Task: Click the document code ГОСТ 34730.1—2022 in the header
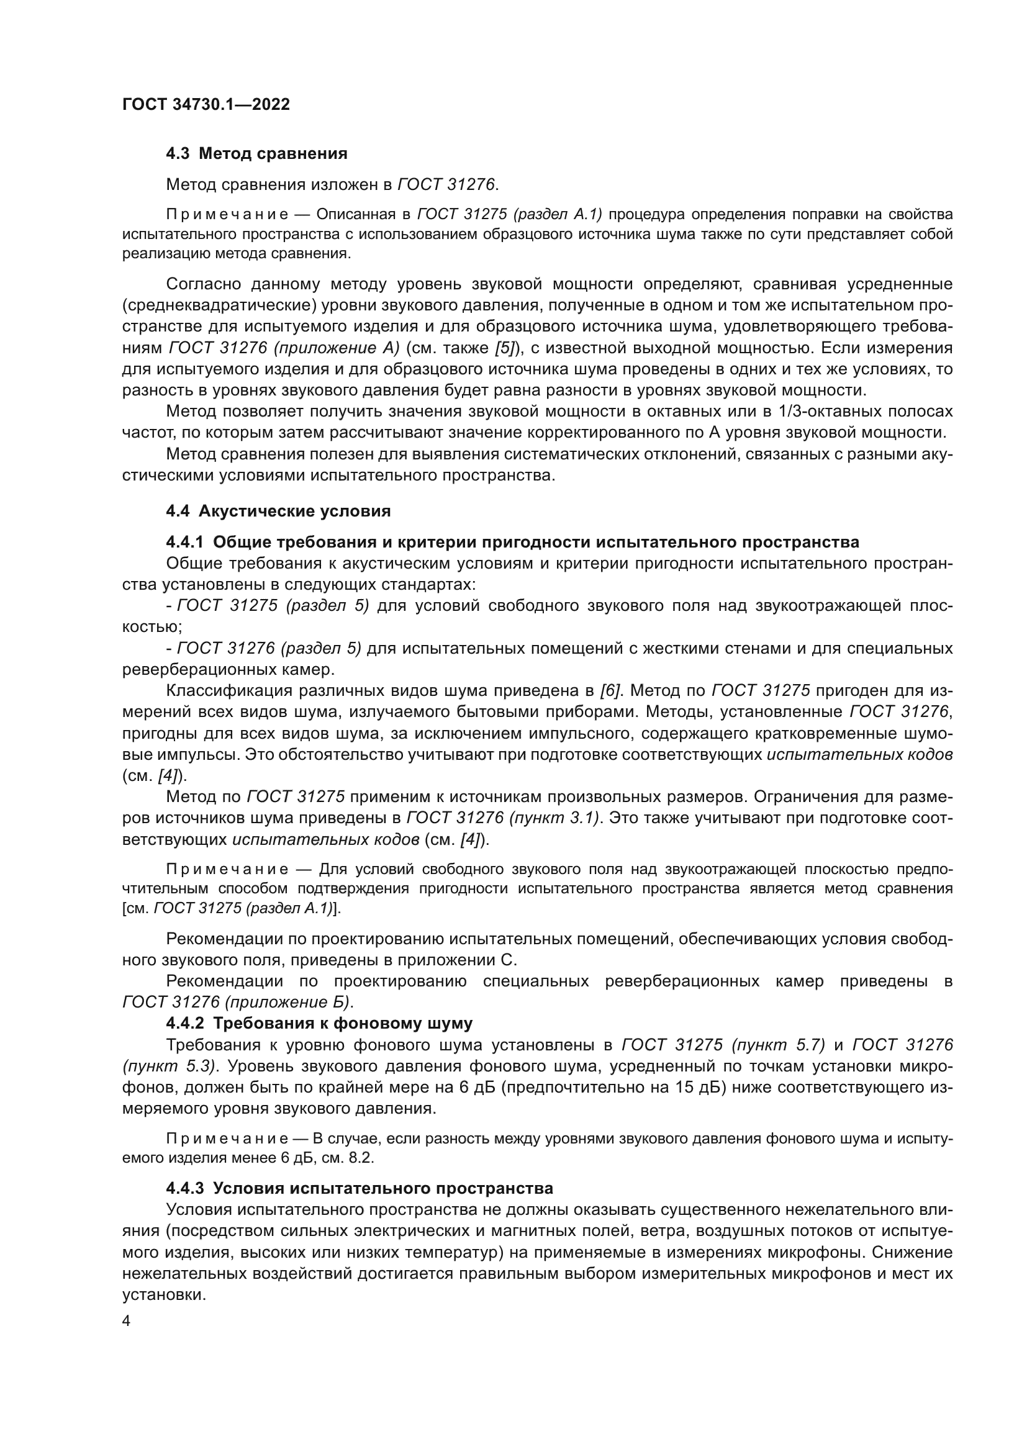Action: click(x=206, y=104)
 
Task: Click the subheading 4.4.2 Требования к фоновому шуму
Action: click(x=319, y=1022)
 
